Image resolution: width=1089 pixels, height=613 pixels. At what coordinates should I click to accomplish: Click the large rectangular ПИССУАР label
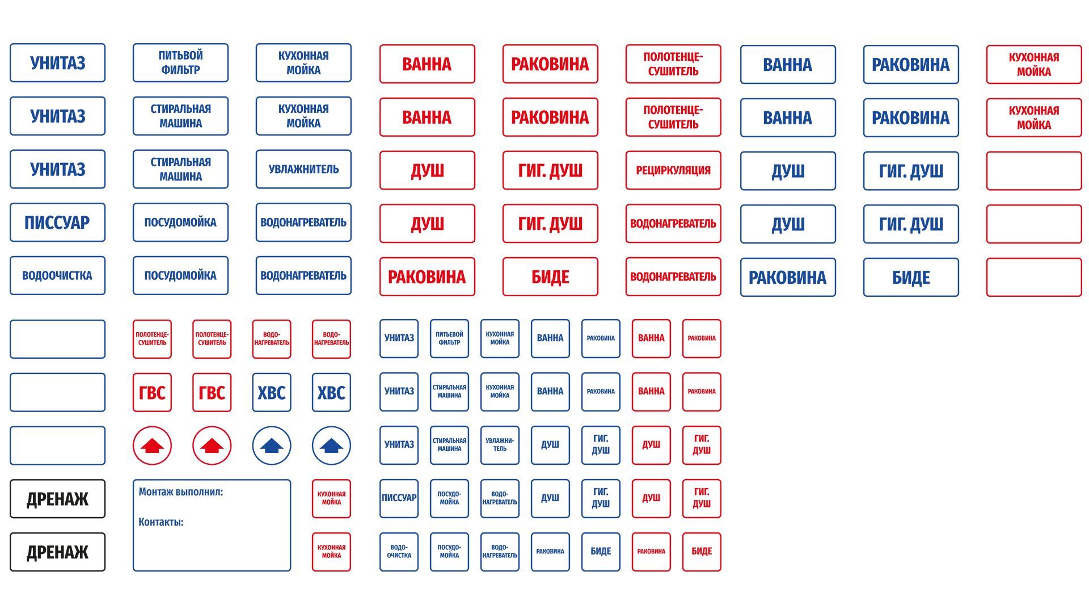point(57,222)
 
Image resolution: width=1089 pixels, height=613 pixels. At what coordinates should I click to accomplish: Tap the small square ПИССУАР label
point(399,498)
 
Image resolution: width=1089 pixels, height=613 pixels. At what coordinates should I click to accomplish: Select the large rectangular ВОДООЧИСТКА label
point(57,276)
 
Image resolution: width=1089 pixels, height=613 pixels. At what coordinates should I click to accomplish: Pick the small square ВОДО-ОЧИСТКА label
point(399,552)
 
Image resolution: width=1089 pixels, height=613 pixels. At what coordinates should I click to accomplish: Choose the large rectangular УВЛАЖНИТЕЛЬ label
point(303,169)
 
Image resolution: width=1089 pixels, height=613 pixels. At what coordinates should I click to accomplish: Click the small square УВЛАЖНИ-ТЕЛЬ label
point(500,445)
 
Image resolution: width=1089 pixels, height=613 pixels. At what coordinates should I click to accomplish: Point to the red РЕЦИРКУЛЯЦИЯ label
point(673,170)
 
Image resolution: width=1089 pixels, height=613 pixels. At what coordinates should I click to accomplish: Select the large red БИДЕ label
point(550,277)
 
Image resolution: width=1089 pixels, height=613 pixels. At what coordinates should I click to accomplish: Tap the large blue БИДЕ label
point(911,278)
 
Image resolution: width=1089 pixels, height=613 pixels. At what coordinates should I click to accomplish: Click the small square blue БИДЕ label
point(601,552)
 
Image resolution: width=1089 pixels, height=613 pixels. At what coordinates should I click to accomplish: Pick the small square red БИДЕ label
point(702,552)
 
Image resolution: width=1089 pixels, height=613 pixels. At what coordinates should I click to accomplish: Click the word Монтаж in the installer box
point(156,492)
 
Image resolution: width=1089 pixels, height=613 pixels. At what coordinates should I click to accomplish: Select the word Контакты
point(161,522)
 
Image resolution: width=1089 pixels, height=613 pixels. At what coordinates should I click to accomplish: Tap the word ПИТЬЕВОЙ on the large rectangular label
point(180,56)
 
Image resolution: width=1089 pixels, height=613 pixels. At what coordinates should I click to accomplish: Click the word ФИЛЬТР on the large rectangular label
point(180,70)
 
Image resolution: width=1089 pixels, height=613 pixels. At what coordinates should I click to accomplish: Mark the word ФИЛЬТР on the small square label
point(449,343)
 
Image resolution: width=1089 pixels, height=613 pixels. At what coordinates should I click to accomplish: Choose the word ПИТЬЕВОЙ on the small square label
point(449,334)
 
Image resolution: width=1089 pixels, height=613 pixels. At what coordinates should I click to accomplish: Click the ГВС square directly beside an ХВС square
point(212,392)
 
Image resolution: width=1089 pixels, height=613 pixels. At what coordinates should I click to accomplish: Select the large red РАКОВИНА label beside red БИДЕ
point(427,277)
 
